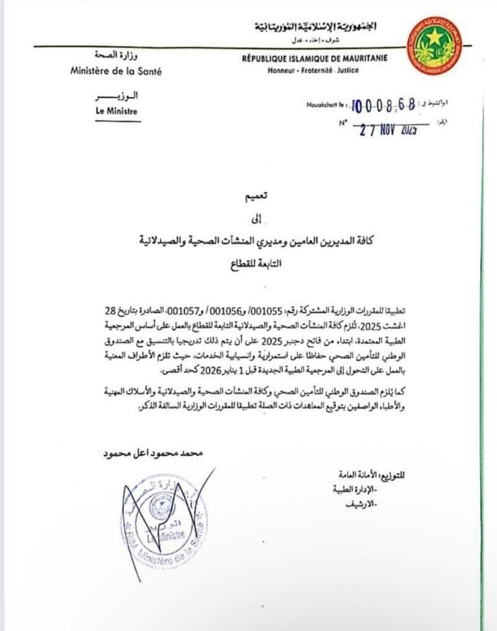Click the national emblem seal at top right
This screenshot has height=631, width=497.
[x=434, y=45]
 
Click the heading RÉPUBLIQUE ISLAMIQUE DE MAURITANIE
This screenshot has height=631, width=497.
[x=314, y=58]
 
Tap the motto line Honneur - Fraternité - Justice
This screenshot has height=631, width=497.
[x=314, y=70]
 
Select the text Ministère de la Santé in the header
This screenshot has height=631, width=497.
[x=116, y=71]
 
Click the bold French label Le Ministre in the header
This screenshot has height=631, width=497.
[x=117, y=110]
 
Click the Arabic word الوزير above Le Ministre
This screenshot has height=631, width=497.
[x=117, y=96]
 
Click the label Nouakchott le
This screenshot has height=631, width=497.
[x=326, y=105]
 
